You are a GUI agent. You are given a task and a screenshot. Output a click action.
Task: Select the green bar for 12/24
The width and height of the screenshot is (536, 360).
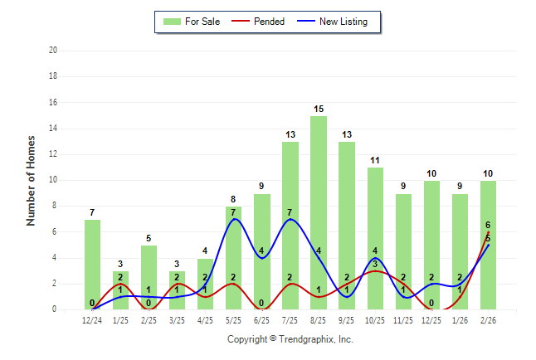92,265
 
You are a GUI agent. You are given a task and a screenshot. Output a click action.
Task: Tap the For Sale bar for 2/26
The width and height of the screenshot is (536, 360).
488,246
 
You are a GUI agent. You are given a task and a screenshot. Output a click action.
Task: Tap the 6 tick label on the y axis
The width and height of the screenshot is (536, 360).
54,232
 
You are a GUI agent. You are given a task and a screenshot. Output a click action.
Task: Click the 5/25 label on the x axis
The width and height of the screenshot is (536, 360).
234,320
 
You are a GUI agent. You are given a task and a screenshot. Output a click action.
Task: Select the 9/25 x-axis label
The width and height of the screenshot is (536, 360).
347,320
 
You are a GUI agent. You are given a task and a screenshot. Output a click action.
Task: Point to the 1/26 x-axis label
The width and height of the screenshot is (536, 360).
460,320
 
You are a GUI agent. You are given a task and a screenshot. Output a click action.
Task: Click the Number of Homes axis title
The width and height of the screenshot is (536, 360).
32,180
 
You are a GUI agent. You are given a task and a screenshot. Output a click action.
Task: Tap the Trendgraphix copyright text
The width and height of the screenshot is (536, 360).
290,339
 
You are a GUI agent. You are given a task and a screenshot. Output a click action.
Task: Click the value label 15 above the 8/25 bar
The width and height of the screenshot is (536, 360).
319,109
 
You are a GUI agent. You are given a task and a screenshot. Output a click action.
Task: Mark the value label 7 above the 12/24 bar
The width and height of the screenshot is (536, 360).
92,213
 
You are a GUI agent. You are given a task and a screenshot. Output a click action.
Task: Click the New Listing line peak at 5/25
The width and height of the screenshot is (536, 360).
234,219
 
